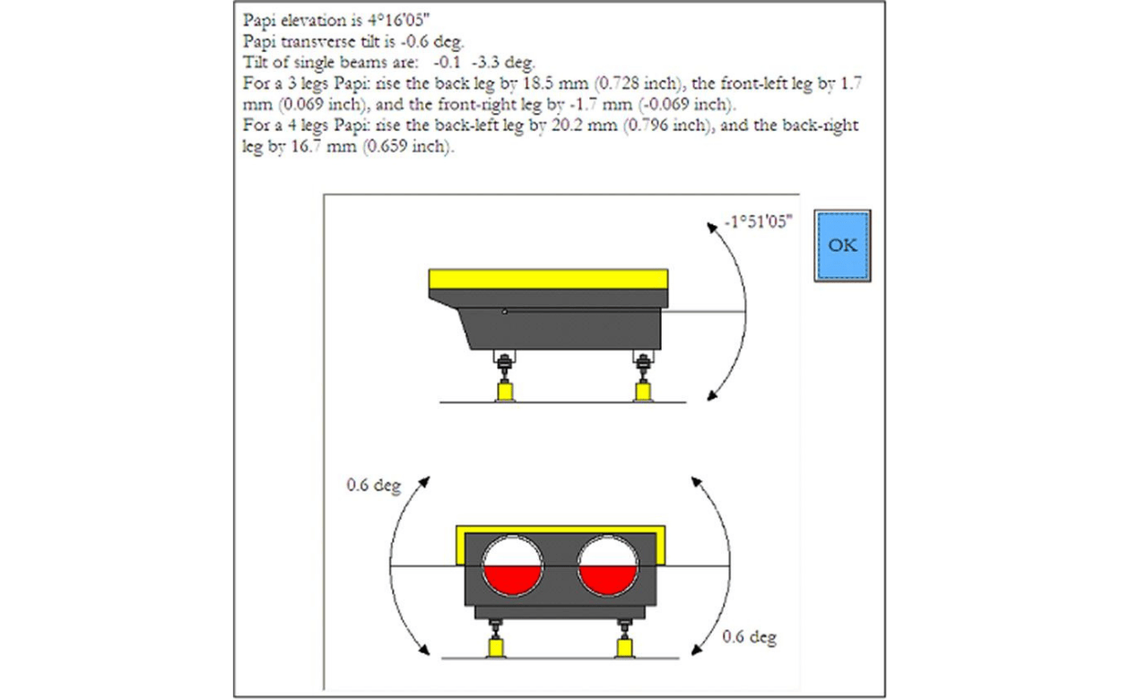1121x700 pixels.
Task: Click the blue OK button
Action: click(x=842, y=246)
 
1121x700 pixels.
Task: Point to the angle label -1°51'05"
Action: click(x=759, y=221)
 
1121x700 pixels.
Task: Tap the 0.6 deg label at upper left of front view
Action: click(x=373, y=485)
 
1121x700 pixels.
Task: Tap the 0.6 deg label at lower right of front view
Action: click(x=749, y=637)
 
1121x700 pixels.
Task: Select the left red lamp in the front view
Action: click(x=512, y=566)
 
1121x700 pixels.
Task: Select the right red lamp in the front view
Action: click(x=607, y=566)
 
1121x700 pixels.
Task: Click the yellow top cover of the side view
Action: click(x=549, y=279)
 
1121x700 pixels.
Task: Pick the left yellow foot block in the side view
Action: click(x=506, y=392)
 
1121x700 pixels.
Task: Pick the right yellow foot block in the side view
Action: click(x=643, y=392)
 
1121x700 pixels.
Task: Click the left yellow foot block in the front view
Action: click(x=495, y=649)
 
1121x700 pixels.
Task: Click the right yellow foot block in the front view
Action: click(x=624, y=649)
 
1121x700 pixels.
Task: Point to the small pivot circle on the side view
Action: click(x=504, y=312)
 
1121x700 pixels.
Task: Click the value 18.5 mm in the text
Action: click(x=555, y=83)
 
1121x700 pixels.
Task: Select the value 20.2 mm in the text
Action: click(x=584, y=125)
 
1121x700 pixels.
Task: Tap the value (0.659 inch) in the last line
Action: click(x=408, y=146)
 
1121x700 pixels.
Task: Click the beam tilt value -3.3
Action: click(x=485, y=62)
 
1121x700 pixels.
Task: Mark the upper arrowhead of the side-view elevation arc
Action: click(x=712, y=228)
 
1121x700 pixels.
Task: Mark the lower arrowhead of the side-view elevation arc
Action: click(x=712, y=395)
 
